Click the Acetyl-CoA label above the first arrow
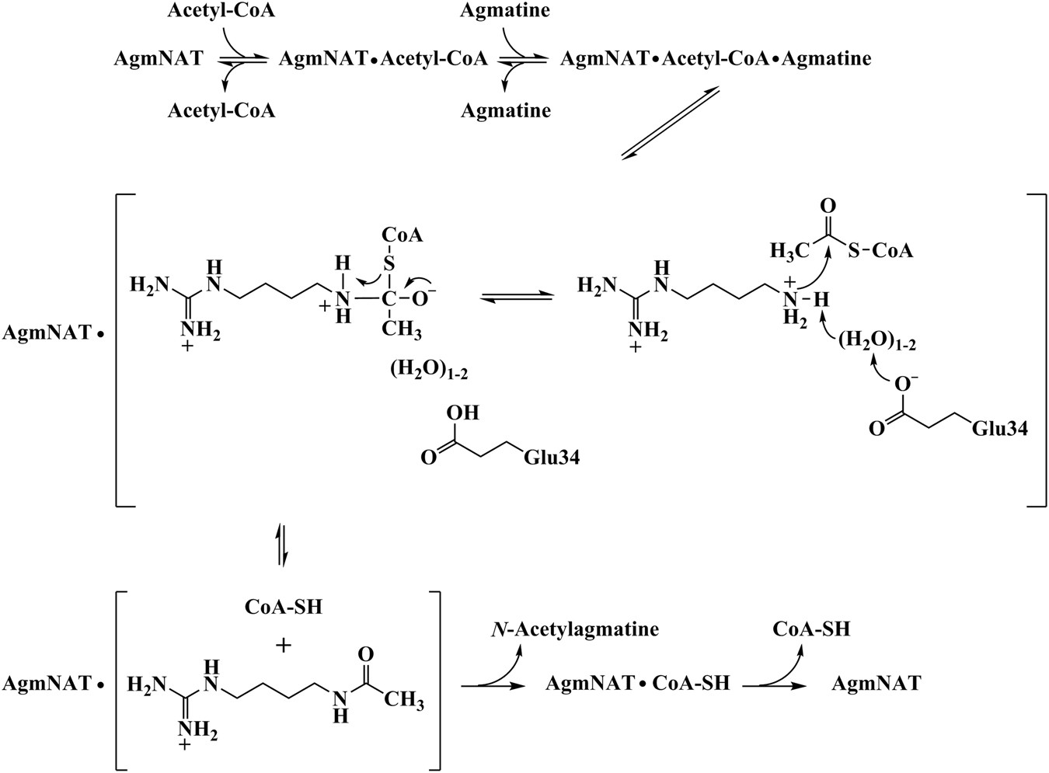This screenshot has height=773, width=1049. pyautogui.click(x=221, y=11)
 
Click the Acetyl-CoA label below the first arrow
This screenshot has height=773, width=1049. pyautogui.click(x=221, y=110)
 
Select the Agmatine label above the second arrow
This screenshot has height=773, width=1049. pyautogui.click(x=505, y=11)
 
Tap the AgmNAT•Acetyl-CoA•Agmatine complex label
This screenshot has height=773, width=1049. pyautogui.click(x=716, y=58)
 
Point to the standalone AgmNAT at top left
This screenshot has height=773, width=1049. pyautogui.click(x=158, y=58)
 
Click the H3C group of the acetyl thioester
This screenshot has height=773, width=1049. pyautogui.click(x=789, y=250)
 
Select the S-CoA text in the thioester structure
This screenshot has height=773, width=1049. pyautogui.click(x=881, y=250)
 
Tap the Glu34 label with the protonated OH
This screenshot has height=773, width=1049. pyautogui.click(x=552, y=458)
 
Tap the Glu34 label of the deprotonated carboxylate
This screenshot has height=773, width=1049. pyautogui.click(x=1000, y=427)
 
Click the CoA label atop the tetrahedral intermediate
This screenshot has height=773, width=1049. pyautogui.click(x=402, y=235)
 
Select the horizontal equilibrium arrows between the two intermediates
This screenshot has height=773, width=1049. pyautogui.click(x=517, y=297)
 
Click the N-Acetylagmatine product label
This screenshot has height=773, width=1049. pyautogui.click(x=574, y=628)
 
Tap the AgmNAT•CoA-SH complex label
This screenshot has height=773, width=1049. pyautogui.click(x=637, y=683)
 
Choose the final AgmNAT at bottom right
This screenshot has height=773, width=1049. pyautogui.click(x=876, y=683)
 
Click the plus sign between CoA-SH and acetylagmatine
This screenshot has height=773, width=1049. pyautogui.click(x=284, y=644)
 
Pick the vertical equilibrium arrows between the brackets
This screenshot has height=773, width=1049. pyautogui.click(x=283, y=548)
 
